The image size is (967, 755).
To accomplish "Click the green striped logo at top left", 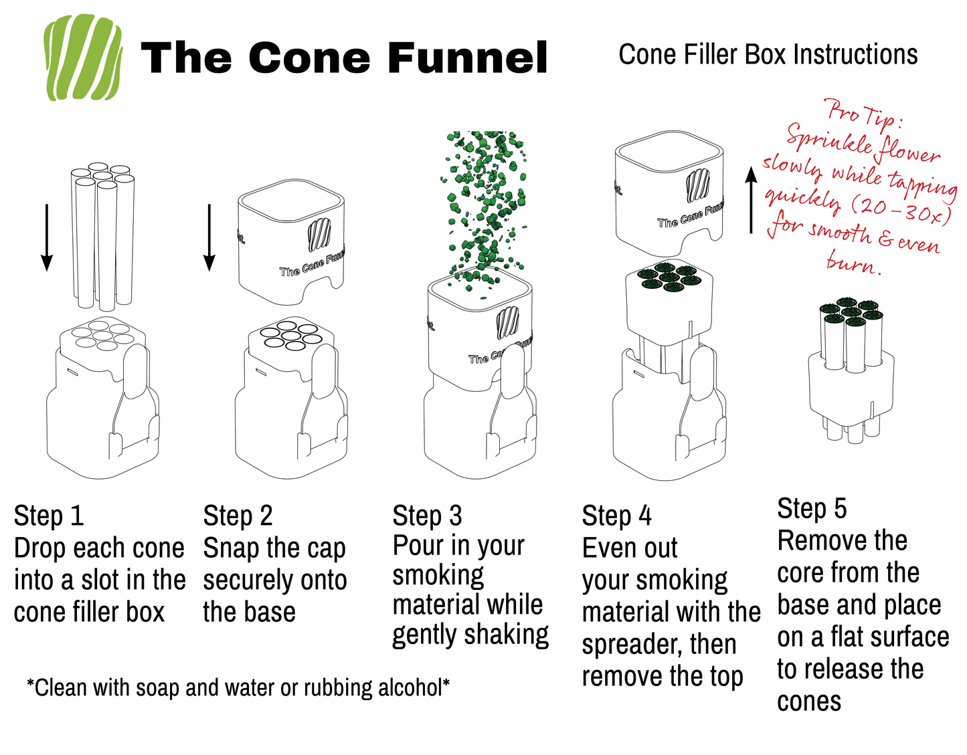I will [x=82, y=58].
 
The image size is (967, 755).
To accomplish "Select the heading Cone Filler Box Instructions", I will [x=768, y=55].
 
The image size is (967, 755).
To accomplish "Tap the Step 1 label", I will [x=49, y=516].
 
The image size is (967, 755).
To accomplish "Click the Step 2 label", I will [x=238, y=516].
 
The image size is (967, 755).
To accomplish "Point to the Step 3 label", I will [x=427, y=516].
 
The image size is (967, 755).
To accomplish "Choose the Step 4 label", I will [x=616, y=516].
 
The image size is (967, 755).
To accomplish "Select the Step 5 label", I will [x=812, y=508].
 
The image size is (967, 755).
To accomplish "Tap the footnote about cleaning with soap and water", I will [x=238, y=687].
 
